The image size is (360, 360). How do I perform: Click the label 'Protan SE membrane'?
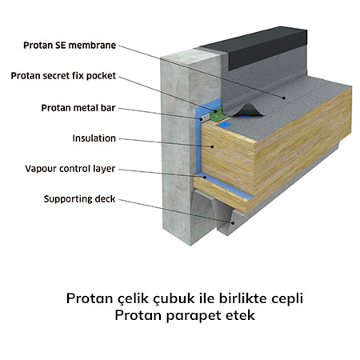(x=70, y=46)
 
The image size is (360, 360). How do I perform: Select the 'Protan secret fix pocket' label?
(x=63, y=76)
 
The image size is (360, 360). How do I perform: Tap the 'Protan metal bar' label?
(x=78, y=108)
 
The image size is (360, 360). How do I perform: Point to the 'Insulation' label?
(x=94, y=138)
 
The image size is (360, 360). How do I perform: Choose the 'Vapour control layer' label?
(x=70, y=169)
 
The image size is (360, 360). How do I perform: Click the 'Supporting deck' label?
(x=79, y=199)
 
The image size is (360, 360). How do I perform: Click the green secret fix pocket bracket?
(x=218, y=114)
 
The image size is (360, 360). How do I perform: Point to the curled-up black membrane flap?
(x=246, y=110)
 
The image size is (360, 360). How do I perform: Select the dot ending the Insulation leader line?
(x=212, y=146)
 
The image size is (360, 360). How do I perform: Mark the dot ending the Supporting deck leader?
(x=233, y=223)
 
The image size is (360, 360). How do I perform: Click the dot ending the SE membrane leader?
(x=284, y=98)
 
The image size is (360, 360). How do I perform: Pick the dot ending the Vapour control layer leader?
(x=205, y=177)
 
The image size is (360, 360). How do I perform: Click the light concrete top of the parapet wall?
(x=191, y=57)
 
